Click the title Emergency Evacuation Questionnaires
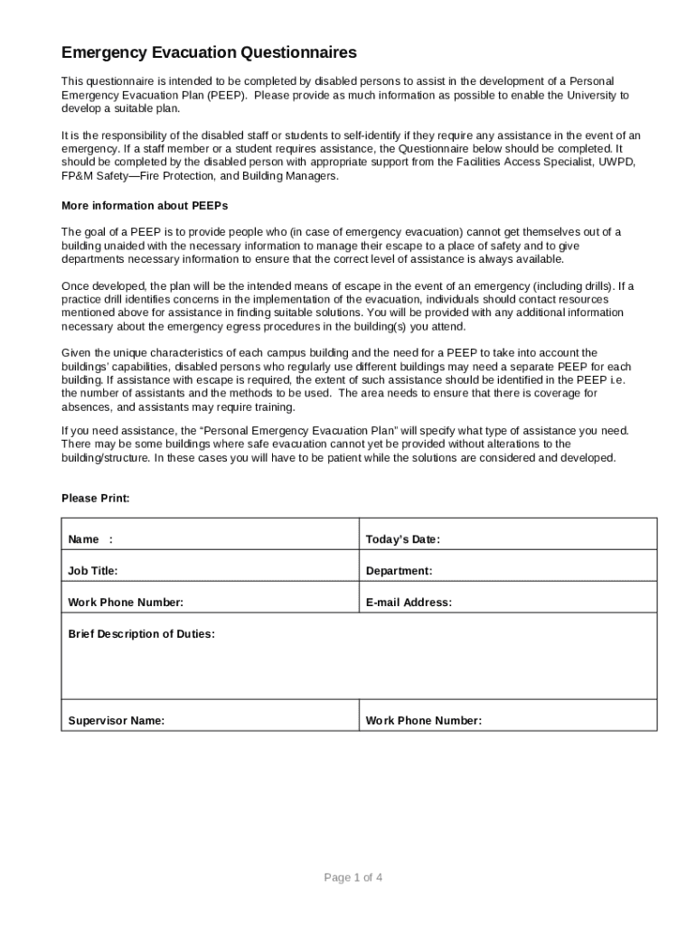[209, 53]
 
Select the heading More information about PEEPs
[132, 206]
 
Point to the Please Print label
[95, 499]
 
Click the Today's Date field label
[402, 540]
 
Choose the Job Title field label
[93, 572]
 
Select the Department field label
[399, 572]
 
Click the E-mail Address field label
[409, 603]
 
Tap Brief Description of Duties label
[142, 634]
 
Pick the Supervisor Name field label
[117, 722]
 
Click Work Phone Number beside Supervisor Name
[423, 722]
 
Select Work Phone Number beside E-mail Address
[126, 603]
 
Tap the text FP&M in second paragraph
[78, 176]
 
